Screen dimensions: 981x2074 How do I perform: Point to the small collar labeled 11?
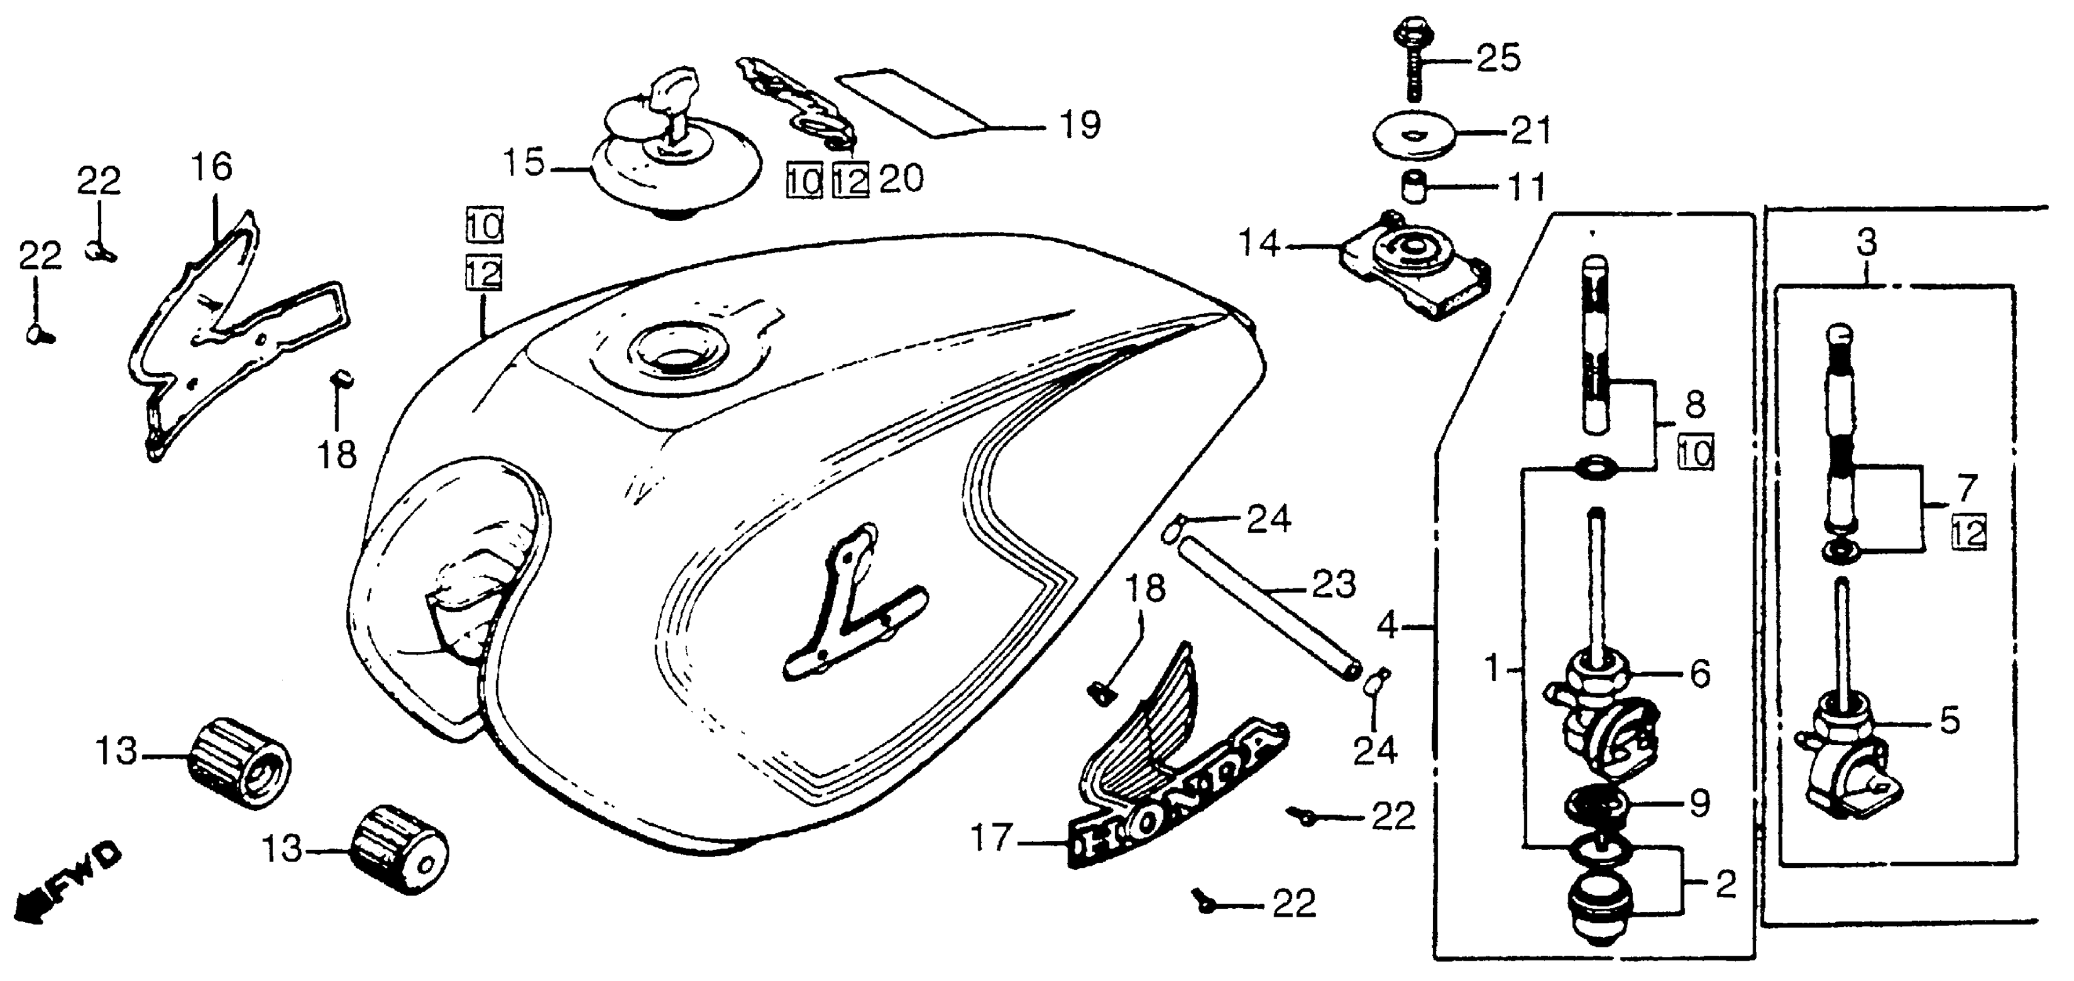pos(1414,188)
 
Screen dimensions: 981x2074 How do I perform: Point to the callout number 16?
pos(212,167)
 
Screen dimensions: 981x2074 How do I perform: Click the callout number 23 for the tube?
pos(1334,585)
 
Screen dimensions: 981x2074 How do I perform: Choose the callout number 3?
pos(1866,241)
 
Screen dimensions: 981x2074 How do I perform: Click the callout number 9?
pos(1699,802)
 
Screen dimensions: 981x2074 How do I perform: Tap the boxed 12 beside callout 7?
pos(1968,532)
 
